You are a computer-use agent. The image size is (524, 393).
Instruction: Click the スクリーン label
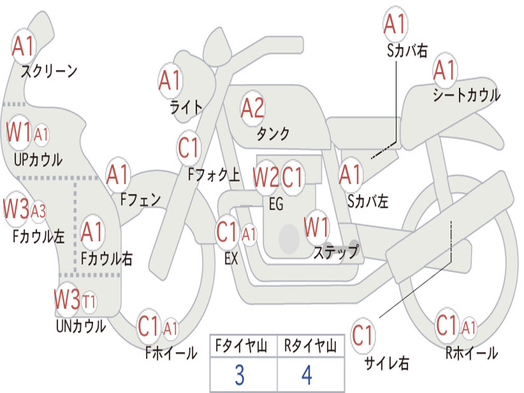click(49, 71)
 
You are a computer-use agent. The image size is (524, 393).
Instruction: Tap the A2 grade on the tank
click(252, 108)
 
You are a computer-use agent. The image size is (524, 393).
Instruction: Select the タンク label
click(273, 134)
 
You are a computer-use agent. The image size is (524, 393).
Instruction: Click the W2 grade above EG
click(266, 178)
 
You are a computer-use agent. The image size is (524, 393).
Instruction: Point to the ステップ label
click(336, 252)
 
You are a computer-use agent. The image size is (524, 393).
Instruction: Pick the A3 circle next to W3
click(38, 211)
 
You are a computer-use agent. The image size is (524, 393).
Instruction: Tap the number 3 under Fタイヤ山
click(239, 375)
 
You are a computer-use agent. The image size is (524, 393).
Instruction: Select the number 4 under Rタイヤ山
click(307, 375)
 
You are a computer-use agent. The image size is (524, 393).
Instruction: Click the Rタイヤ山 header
click(310, 347)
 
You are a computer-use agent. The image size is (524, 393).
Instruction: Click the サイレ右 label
click(387, 363)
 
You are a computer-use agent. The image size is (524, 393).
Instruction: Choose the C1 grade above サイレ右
click(362, 336)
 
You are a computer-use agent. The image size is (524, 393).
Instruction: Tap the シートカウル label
click(466, 95)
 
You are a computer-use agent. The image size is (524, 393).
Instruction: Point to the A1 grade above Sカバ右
click(395, 24)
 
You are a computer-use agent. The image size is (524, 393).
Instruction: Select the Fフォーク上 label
click(213, 176)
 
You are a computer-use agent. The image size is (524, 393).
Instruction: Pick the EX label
click(231, 259)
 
